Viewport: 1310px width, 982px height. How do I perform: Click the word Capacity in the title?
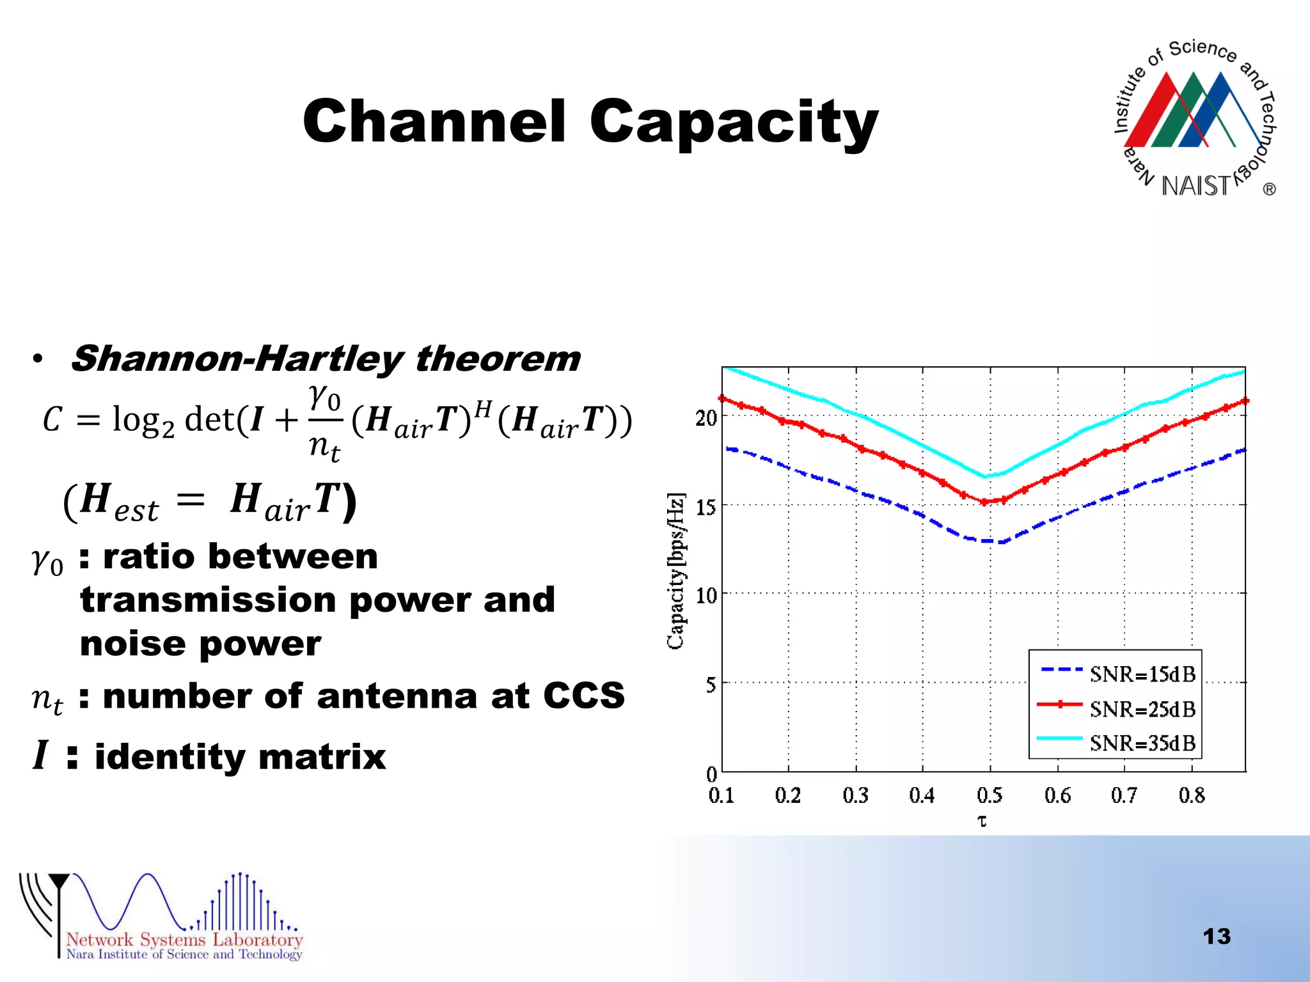pos(734,123)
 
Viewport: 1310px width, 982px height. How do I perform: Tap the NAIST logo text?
pos(1196,186)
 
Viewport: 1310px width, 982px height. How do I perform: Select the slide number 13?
pos(1216,937)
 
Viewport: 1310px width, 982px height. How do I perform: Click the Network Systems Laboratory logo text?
pos(184,940)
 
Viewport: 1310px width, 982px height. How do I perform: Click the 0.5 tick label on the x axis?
pos(990,795)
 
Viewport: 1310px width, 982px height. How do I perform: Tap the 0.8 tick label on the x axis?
pos(1192,795)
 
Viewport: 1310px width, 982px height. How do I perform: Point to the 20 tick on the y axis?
pos(706,418)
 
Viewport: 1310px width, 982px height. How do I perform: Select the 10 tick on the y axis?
pos(706,596)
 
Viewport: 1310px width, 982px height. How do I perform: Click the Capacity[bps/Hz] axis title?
pos(676,570)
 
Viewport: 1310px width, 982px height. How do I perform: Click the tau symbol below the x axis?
pos(982,821)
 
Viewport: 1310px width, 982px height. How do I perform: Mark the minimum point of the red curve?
pos(985,502)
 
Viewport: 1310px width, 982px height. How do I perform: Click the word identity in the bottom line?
pos(169,757)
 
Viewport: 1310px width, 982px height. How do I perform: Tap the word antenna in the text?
pos(397,696)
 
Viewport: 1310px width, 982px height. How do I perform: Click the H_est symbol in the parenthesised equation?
pos(119,501)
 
